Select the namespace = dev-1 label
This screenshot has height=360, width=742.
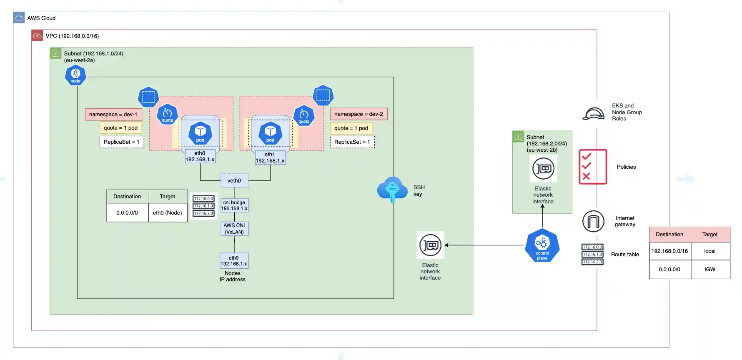113,114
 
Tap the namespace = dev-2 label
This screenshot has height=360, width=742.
358,114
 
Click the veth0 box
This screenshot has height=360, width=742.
234,180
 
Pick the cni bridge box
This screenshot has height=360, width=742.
234,205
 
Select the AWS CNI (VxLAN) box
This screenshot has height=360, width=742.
234,229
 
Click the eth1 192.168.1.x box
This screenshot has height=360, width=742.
270,157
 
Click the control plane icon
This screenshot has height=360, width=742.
542,245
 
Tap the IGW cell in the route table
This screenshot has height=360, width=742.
710,269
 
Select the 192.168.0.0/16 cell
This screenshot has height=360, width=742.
669,251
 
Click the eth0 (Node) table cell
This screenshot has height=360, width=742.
168,212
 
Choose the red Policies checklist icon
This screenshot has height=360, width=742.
592,167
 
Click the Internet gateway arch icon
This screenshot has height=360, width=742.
593,221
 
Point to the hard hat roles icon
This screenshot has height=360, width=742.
593,114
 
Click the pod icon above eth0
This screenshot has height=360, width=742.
201,133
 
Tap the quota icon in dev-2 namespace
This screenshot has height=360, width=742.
304,116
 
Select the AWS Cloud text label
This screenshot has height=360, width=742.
41,18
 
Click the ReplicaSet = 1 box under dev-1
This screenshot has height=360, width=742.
122,142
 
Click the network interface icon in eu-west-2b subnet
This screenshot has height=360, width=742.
543,169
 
